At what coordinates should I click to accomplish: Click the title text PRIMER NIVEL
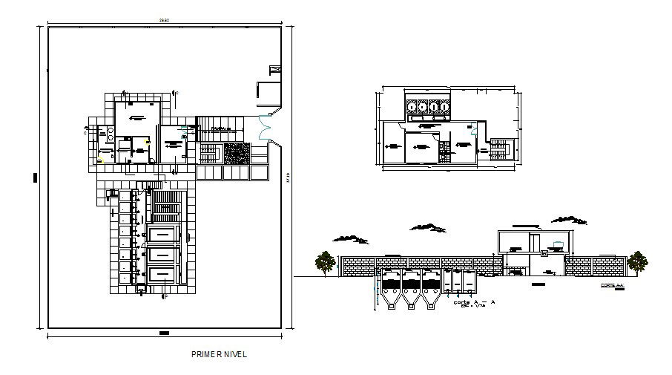(219, 354)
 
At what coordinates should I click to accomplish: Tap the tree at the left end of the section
(324, 262)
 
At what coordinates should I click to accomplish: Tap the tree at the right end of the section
(636, 262)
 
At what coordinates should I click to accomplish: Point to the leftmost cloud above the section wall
(351, 238)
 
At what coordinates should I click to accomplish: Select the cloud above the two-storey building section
(569, 219)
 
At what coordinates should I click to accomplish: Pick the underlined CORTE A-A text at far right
(613, 285)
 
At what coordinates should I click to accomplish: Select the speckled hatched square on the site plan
(237, 153)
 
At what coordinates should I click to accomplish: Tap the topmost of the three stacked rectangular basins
(162, 234)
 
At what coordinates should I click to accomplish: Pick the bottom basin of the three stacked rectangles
(162, 274)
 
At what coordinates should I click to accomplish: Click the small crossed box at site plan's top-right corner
(275, 70)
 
